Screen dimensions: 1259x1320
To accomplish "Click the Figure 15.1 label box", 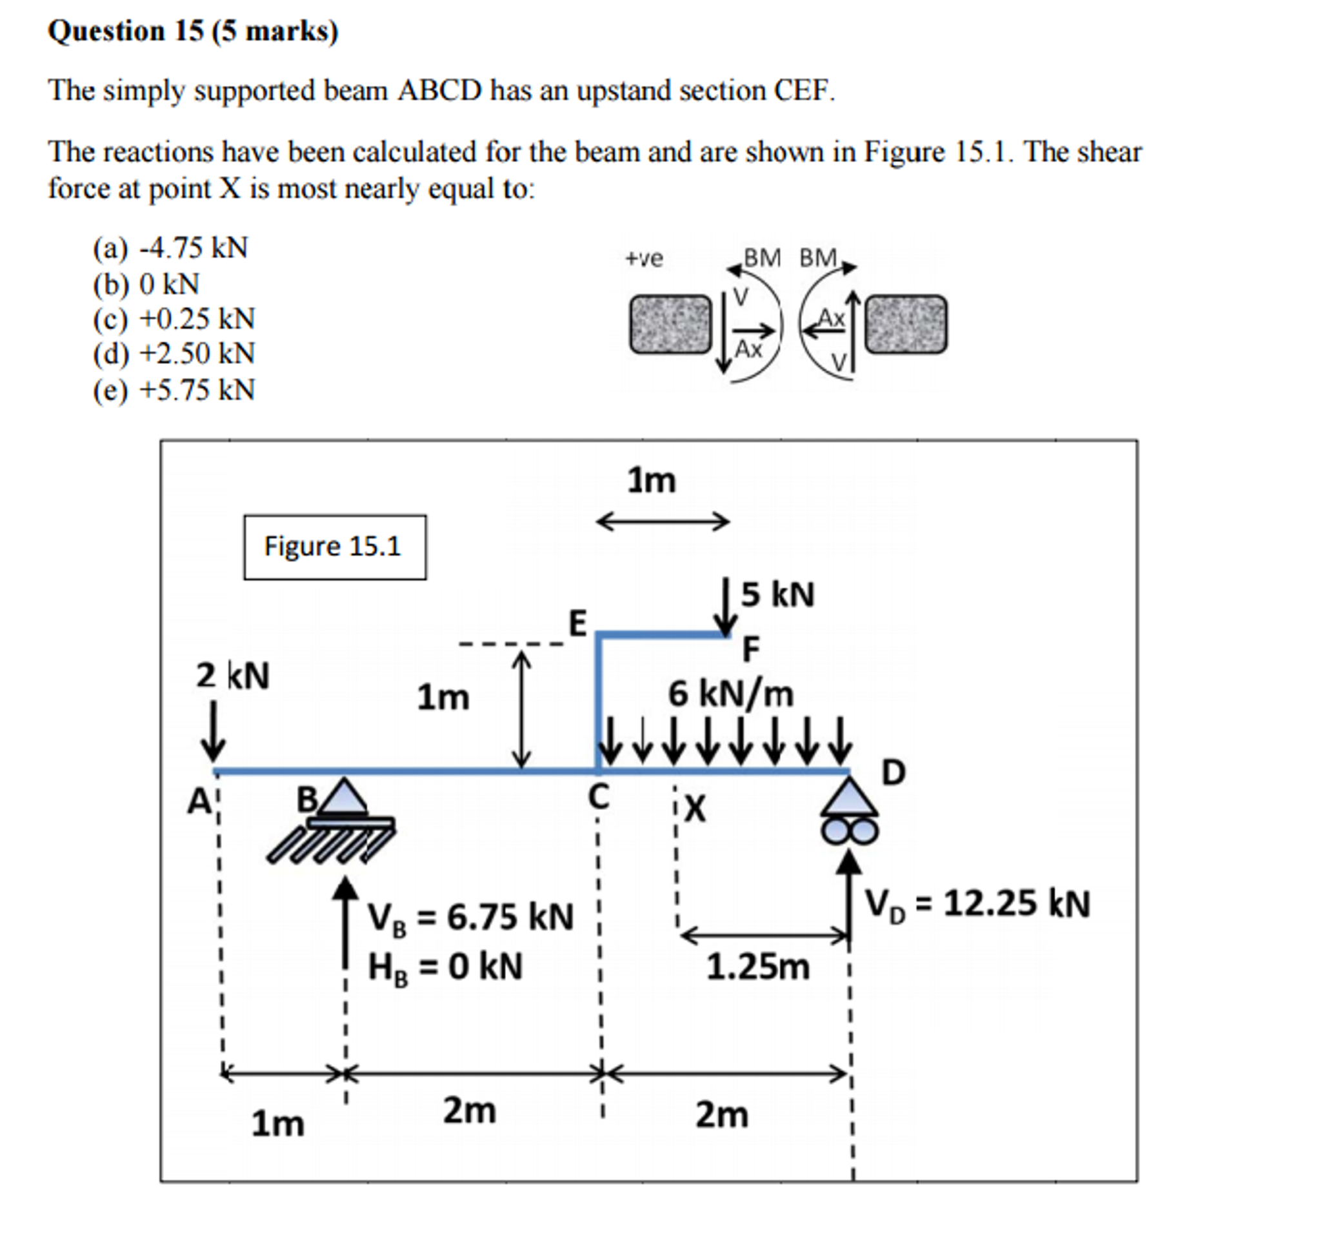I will pos(334,547).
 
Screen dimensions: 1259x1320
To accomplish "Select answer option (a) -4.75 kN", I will pos(170,248).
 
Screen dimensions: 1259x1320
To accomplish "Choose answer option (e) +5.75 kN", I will pos(174,390).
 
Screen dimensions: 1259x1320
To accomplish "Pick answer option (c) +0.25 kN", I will pos(174,319).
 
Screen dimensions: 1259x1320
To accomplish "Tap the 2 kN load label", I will pos(232,675).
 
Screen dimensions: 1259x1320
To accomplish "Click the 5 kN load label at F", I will pos(777,594).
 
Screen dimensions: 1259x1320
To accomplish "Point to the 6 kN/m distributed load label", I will pos(730,693).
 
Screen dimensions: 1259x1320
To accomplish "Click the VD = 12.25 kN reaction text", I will pos(976,903).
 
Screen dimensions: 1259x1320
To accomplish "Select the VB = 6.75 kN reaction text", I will pos(470,917).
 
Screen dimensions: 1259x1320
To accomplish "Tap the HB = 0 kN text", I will pos(445,968).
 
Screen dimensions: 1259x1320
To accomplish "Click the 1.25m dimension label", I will pos(757,967).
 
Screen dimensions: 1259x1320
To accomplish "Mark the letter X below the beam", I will pos(695,808).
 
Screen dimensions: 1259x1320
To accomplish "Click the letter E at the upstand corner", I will pos(577,623).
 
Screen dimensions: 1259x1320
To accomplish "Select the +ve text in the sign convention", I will pos(644,258).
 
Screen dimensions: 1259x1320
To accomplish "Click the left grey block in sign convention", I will pos(670,324).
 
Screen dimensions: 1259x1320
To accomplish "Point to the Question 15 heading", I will pos(194,32).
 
